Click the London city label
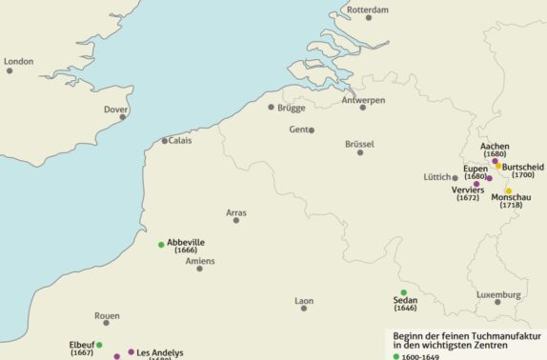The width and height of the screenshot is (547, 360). coord(19,61)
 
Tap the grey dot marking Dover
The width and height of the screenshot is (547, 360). coord(123,117)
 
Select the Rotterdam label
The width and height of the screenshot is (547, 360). coord(368,10)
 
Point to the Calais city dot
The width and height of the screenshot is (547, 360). coord(164,141)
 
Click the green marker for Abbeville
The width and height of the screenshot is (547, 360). coord(161,245)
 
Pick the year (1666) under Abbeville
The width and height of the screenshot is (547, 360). coord(186,250)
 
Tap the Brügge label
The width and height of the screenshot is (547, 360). coord(292,108)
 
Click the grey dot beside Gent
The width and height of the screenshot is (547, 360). coord(312,130)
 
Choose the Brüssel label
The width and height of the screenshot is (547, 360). coord(359,143)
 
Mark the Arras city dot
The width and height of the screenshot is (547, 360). coord(236,221)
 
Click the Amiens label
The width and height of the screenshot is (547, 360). coord(200,260)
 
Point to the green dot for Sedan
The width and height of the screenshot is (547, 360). coord(403,292)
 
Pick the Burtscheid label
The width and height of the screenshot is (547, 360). coord(522,166)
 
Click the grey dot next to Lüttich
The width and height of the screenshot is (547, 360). coord(456,177)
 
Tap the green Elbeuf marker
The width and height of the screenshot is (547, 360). coord(99,345)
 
